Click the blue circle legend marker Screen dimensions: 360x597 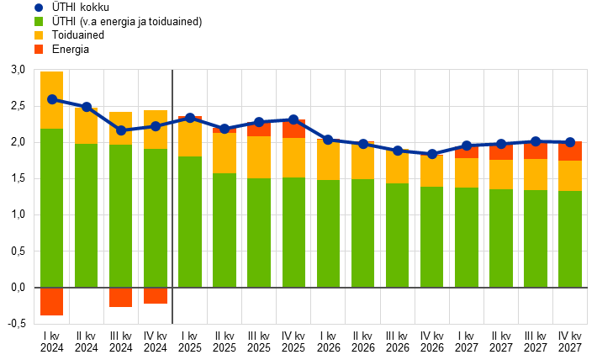pos(39,8)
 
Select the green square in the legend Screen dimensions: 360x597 pos(39,22)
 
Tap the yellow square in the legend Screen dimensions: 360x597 pos(39,35)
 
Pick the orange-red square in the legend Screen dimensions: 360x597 pos(39,50)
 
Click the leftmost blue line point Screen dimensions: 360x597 pos(52,99)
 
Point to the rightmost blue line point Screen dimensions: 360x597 pos(570,142)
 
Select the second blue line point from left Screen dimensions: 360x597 pos(87,107)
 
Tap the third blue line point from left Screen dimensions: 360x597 pos(121,130)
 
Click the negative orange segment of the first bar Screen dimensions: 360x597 pos(52,301)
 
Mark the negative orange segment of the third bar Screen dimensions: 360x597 pos(121,297)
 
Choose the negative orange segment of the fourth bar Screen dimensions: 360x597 pos(156,295)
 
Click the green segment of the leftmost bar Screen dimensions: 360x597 pos(52,208)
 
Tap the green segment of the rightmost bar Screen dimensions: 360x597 pos(570,239)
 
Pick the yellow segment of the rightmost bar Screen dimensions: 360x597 pos(570,176)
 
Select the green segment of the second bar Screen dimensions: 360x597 pos(87,215)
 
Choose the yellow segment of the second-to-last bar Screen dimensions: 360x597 pos(536,174)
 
